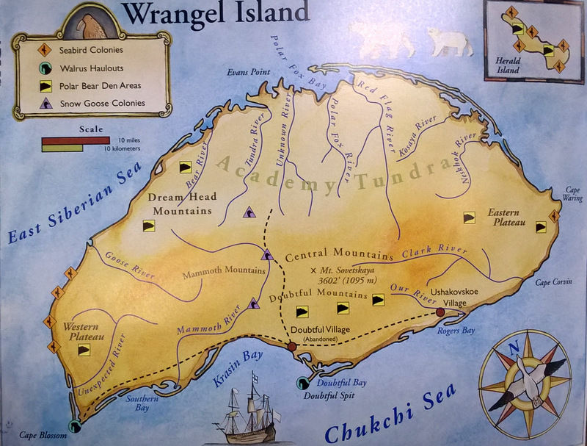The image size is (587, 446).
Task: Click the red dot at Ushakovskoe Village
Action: tap(440, 312)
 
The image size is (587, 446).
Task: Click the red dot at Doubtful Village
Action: tap(292, 346)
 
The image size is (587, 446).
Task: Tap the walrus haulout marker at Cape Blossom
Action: tap(73, 425)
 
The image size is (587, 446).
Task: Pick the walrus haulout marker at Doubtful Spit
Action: tap(302, 382)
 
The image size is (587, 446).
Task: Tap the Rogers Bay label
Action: tap(459, 331)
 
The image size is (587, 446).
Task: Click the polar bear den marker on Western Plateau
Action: tap(85, 350)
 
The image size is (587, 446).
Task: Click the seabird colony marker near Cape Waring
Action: tap(554, 216)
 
